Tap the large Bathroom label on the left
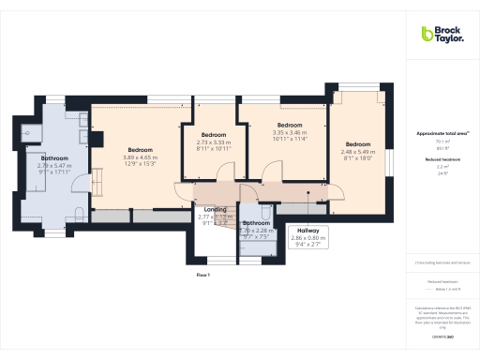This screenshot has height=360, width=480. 54,158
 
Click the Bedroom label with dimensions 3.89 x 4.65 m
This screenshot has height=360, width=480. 141,150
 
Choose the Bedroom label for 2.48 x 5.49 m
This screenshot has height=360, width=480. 357,144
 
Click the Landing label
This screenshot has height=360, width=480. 214,209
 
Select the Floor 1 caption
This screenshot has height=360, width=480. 203,275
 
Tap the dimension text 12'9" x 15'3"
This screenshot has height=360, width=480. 141,164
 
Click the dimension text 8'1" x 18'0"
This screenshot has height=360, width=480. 357,158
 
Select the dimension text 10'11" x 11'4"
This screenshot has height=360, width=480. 290,141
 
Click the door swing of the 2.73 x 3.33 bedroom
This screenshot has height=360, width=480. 223,173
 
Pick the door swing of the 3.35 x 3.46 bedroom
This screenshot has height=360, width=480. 274,173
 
